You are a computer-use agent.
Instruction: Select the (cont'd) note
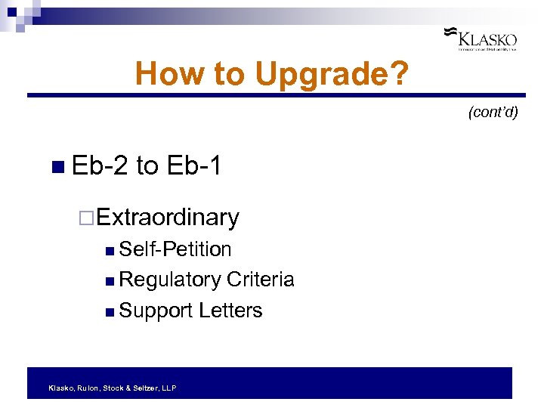493,113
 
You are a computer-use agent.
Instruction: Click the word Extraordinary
168,218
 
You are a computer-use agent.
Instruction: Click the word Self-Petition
175,249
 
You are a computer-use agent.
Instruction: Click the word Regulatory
170,280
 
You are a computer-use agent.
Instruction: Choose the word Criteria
260,280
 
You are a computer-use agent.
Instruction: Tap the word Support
156,311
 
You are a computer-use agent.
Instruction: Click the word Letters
230,311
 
